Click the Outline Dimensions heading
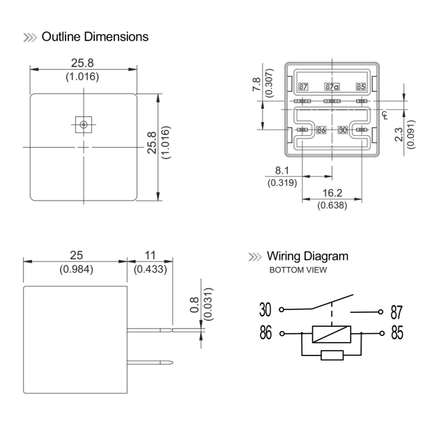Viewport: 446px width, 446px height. (x=95, y=36)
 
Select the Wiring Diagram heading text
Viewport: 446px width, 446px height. (x=307, y=256)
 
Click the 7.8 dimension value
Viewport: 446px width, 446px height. (x=256, y=86)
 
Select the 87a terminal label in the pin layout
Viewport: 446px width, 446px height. (x=332, y=87)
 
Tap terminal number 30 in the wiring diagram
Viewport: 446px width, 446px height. (x=265, y=309)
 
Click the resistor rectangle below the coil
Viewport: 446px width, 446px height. (x=331, y=355)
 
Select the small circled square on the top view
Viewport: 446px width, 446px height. (x=84, y=125)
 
